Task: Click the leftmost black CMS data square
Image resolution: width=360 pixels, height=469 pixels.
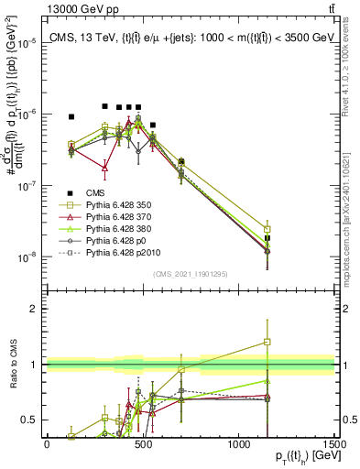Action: (x=71, y=117)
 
